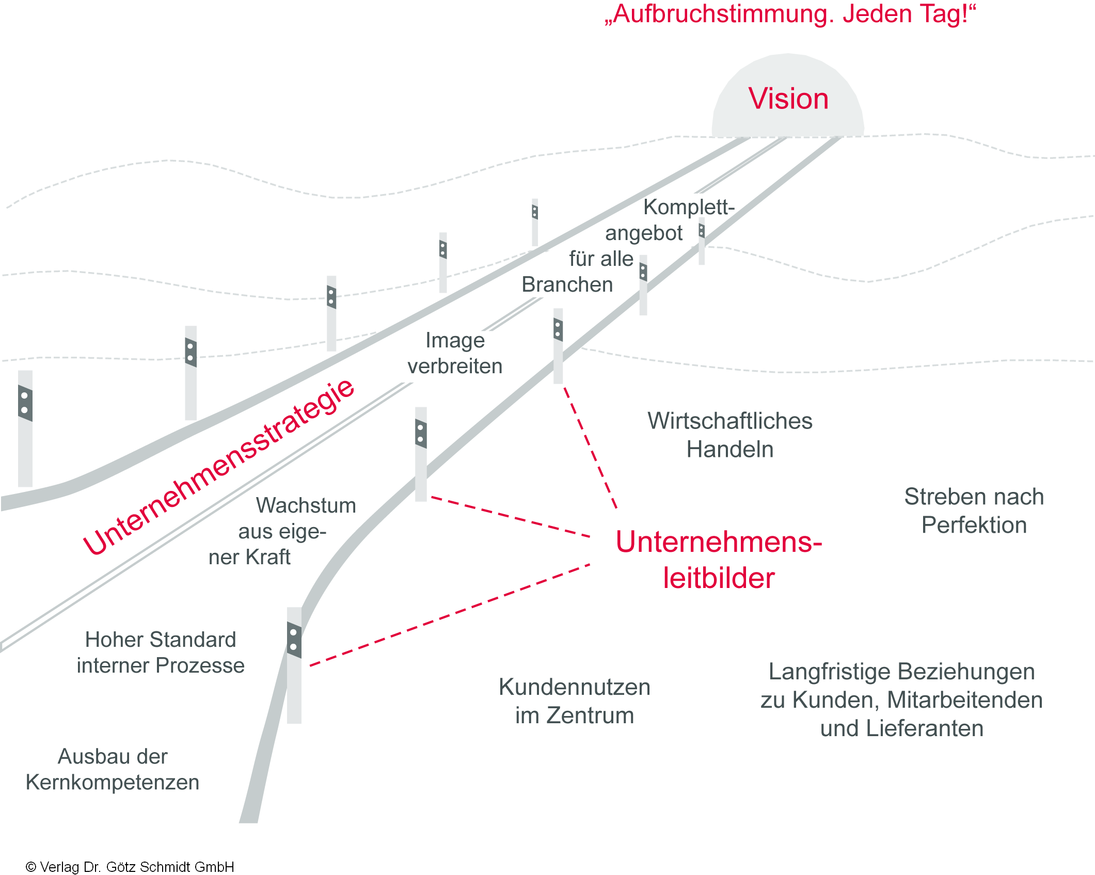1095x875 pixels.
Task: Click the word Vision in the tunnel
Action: pos(788,99)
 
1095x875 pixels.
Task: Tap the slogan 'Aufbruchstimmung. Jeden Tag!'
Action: pos(790,14)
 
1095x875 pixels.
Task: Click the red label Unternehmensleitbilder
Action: pos(719,560)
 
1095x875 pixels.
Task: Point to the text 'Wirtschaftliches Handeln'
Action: pos(729,435)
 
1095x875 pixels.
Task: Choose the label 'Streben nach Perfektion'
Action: pos(974,511)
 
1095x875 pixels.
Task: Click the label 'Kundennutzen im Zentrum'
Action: pos(574,701)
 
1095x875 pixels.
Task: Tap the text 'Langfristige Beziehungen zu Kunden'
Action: pos(901,699)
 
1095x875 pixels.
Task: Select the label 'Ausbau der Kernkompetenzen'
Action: pos(113,769)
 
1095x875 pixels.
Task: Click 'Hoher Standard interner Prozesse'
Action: pos(160,653)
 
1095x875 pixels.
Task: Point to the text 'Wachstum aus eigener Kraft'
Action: pos(282,531)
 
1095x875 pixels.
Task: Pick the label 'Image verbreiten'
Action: pos(455,353)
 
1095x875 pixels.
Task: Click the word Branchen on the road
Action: pos(567,284)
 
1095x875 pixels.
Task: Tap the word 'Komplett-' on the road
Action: pos(689,207)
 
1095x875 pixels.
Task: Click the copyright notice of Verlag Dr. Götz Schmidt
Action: pos(130,867)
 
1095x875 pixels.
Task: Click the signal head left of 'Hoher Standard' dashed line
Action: pos(294,640)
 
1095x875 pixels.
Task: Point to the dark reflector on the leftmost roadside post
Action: pos(25,403)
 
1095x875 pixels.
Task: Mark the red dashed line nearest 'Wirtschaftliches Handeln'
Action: pos(590,447)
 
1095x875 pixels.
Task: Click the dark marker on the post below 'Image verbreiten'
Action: pos(421,434)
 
